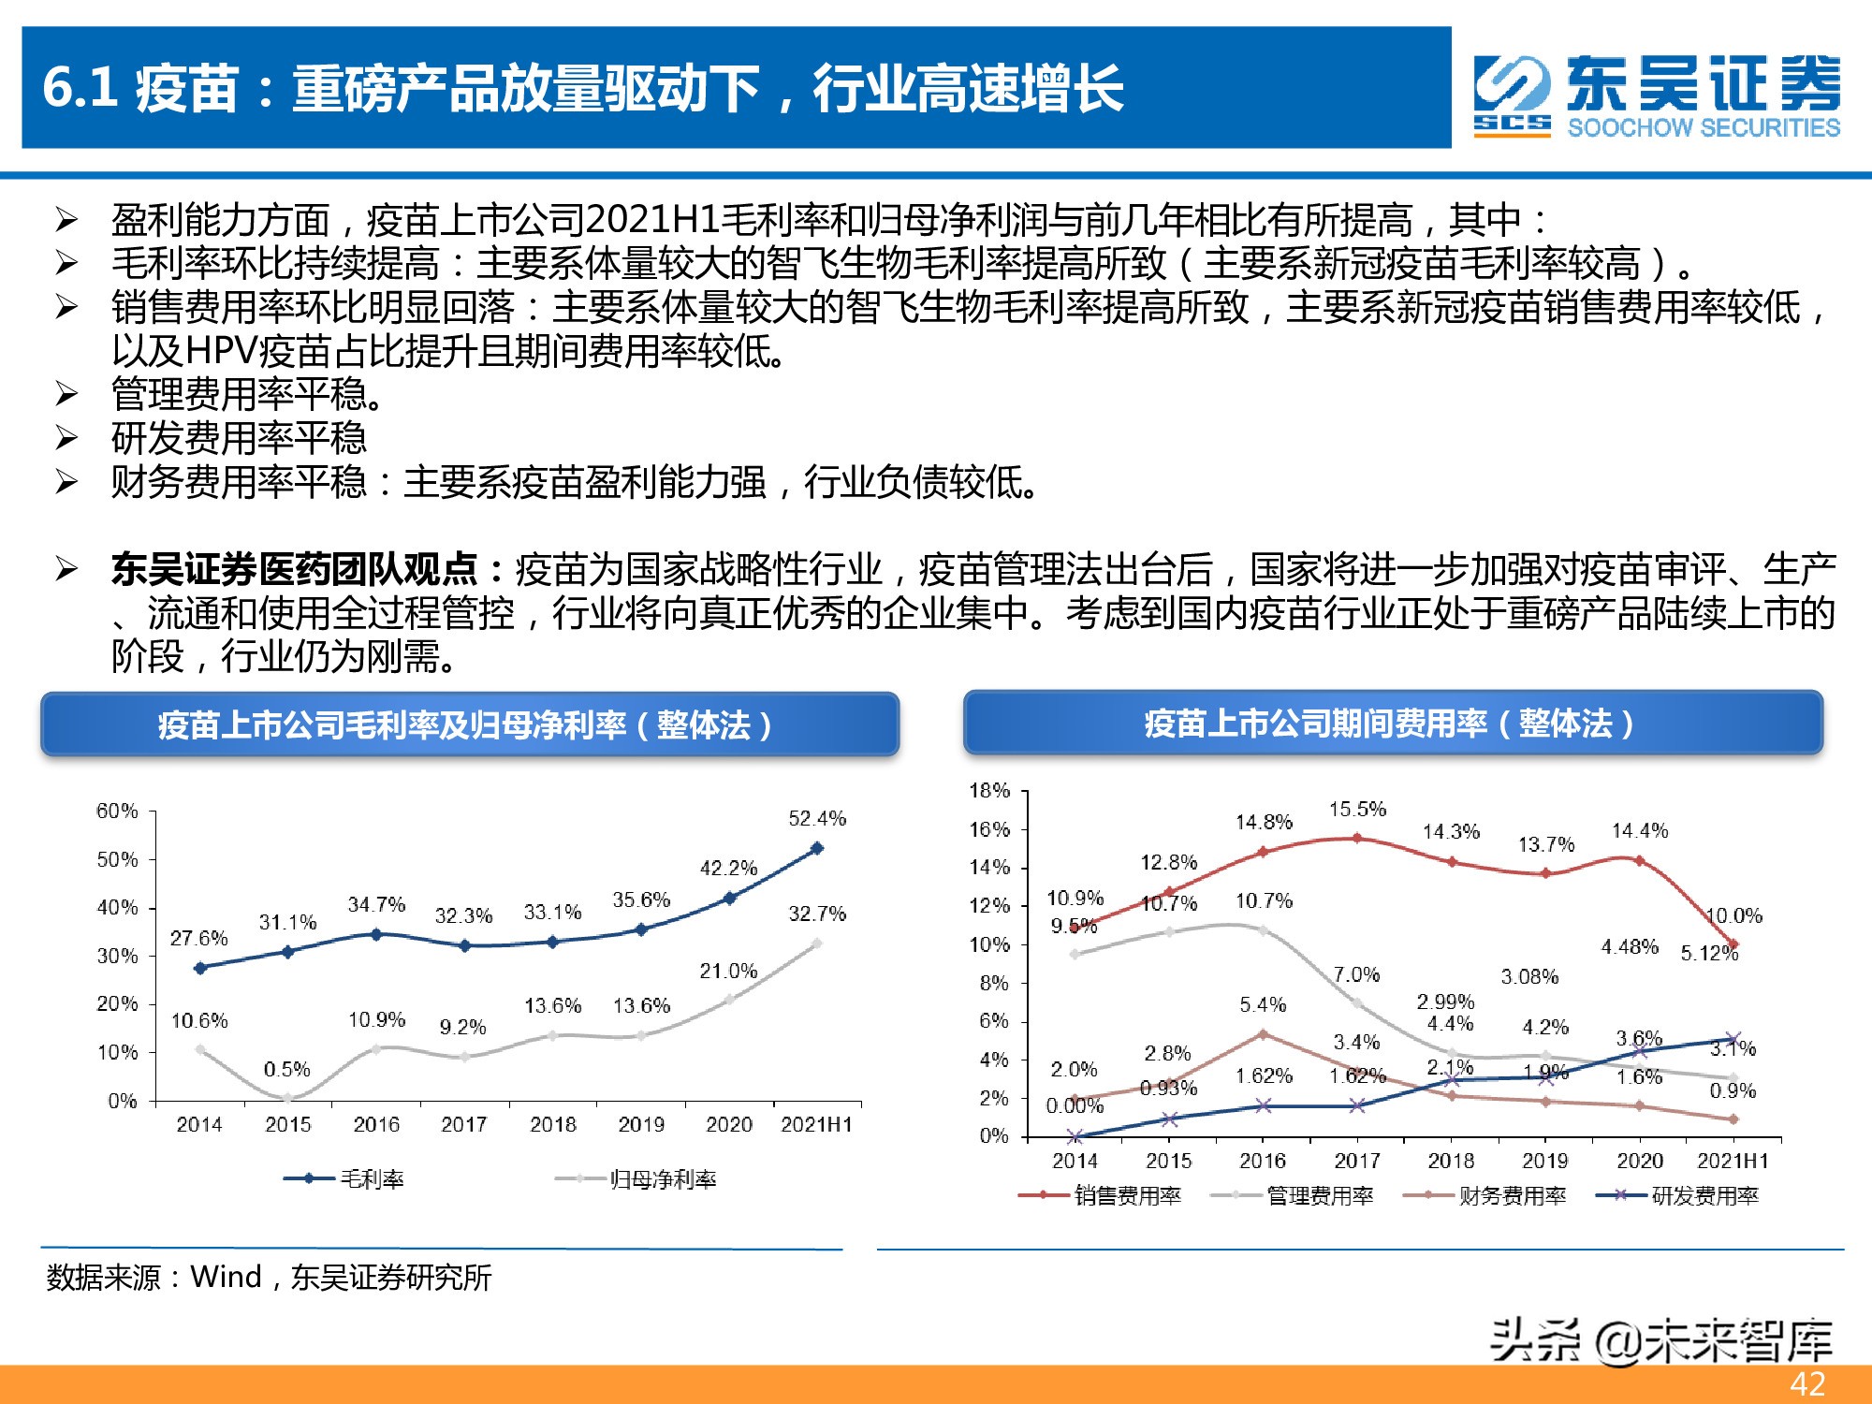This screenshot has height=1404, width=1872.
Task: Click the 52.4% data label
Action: point(816,819)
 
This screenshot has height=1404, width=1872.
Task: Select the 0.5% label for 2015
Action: point(286,1069)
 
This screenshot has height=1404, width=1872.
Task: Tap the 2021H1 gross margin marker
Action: point(816,848)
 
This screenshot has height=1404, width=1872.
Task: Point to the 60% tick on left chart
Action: point(117,811)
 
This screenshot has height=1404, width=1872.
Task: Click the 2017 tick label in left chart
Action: point(464,1124)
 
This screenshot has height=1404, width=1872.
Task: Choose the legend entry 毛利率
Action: point(372,1179)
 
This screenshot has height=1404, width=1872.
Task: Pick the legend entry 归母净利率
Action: point(663,1179)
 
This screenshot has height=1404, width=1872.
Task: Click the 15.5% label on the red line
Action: point(1357,809)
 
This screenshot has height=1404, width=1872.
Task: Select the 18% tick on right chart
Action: point(989,791)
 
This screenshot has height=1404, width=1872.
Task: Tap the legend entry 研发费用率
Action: point(1704,1195)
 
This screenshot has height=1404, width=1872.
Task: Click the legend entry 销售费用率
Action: point(1127,1195)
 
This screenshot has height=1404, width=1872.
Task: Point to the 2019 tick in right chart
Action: point(1544,1162)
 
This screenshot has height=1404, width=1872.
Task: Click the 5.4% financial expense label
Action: point(1263,1005)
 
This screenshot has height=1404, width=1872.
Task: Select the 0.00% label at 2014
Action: point(1075,1106)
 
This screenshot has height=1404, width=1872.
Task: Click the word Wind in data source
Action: point(226,1277)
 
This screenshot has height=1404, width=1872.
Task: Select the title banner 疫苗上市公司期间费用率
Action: point(1393,724)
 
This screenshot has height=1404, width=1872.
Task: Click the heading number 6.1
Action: point(80,88)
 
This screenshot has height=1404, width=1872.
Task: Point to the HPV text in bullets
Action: point(221,351)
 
